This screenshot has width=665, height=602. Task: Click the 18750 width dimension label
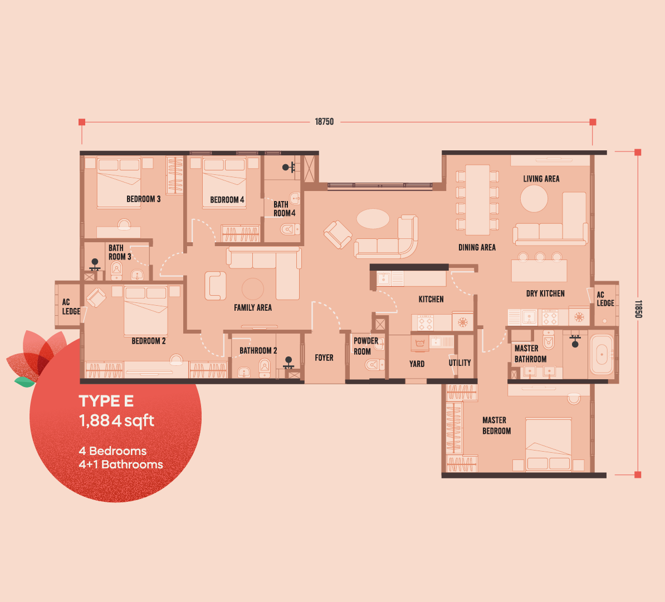point(324,121)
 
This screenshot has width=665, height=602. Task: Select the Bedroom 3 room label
point(143,199)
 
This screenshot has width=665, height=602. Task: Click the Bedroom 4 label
point(227,199)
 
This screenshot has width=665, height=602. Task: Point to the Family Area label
point(253,307)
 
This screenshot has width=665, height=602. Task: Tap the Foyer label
point(324,358)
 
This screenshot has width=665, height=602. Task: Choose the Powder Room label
point(365,346)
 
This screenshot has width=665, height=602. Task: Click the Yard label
point(417,364)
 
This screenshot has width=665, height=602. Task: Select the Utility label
point(459,363)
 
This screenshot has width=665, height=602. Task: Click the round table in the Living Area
point(534,198)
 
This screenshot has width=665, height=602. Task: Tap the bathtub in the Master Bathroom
point(602,354)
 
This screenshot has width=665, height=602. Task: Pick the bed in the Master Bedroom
point(548,444)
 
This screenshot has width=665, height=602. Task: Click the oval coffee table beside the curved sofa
point(373,218)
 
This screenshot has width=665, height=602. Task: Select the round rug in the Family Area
point(253,289)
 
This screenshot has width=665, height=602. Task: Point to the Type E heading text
point(106,401)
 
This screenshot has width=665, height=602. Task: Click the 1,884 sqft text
point(116,420)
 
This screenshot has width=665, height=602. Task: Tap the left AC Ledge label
point(71,306)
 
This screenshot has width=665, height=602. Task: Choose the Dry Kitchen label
point(545,293)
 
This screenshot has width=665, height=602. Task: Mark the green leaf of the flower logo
point(24,381)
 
